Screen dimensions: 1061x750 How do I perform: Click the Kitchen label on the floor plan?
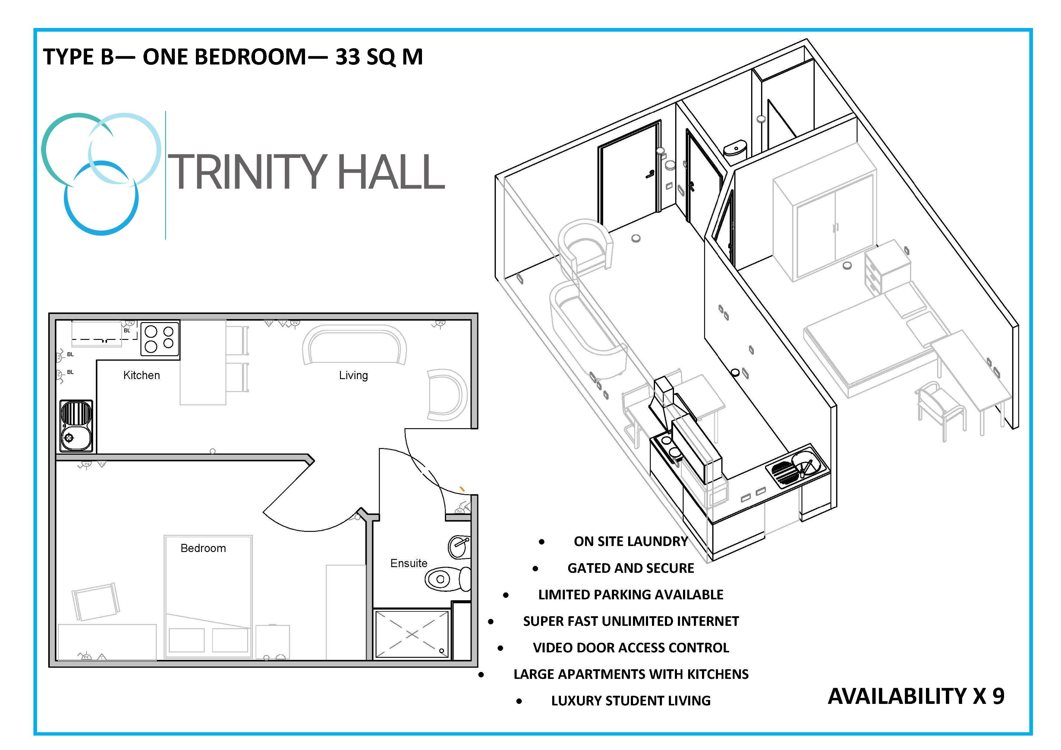[141, 375]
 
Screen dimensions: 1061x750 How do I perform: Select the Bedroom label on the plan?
[203, 548]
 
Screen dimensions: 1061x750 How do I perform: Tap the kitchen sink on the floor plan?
[76, 426]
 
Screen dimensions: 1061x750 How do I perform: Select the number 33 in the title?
[348, 57]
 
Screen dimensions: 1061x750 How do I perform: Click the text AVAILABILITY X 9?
[916, 696]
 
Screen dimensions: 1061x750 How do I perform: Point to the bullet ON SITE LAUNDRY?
[631, 541]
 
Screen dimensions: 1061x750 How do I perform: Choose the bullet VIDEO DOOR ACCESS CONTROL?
[631, 648]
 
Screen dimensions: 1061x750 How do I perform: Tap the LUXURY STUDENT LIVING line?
[631, 701]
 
